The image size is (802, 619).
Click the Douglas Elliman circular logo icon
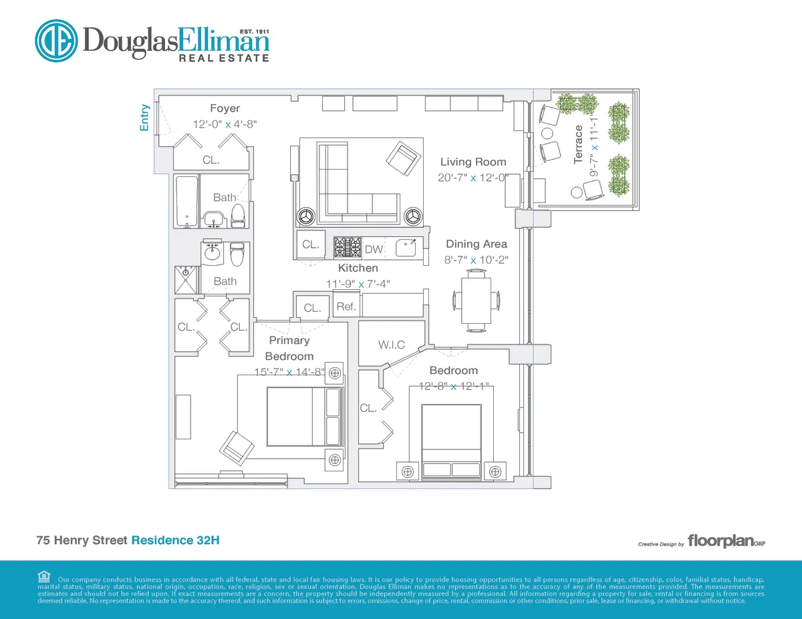57,41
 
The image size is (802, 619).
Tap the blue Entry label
144,118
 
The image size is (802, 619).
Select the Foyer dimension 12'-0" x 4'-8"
225,124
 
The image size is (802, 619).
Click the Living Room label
473,162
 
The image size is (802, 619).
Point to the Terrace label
579,144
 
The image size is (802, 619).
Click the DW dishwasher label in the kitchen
374,249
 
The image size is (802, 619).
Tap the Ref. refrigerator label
346,307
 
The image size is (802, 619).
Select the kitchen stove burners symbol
348,247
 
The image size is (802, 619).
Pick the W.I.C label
391,345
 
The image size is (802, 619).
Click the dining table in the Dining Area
477,300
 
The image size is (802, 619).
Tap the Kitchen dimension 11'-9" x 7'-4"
358,284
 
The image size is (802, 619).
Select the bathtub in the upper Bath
186,200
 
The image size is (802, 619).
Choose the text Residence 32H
175,540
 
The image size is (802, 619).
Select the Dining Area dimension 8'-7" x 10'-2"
477,260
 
